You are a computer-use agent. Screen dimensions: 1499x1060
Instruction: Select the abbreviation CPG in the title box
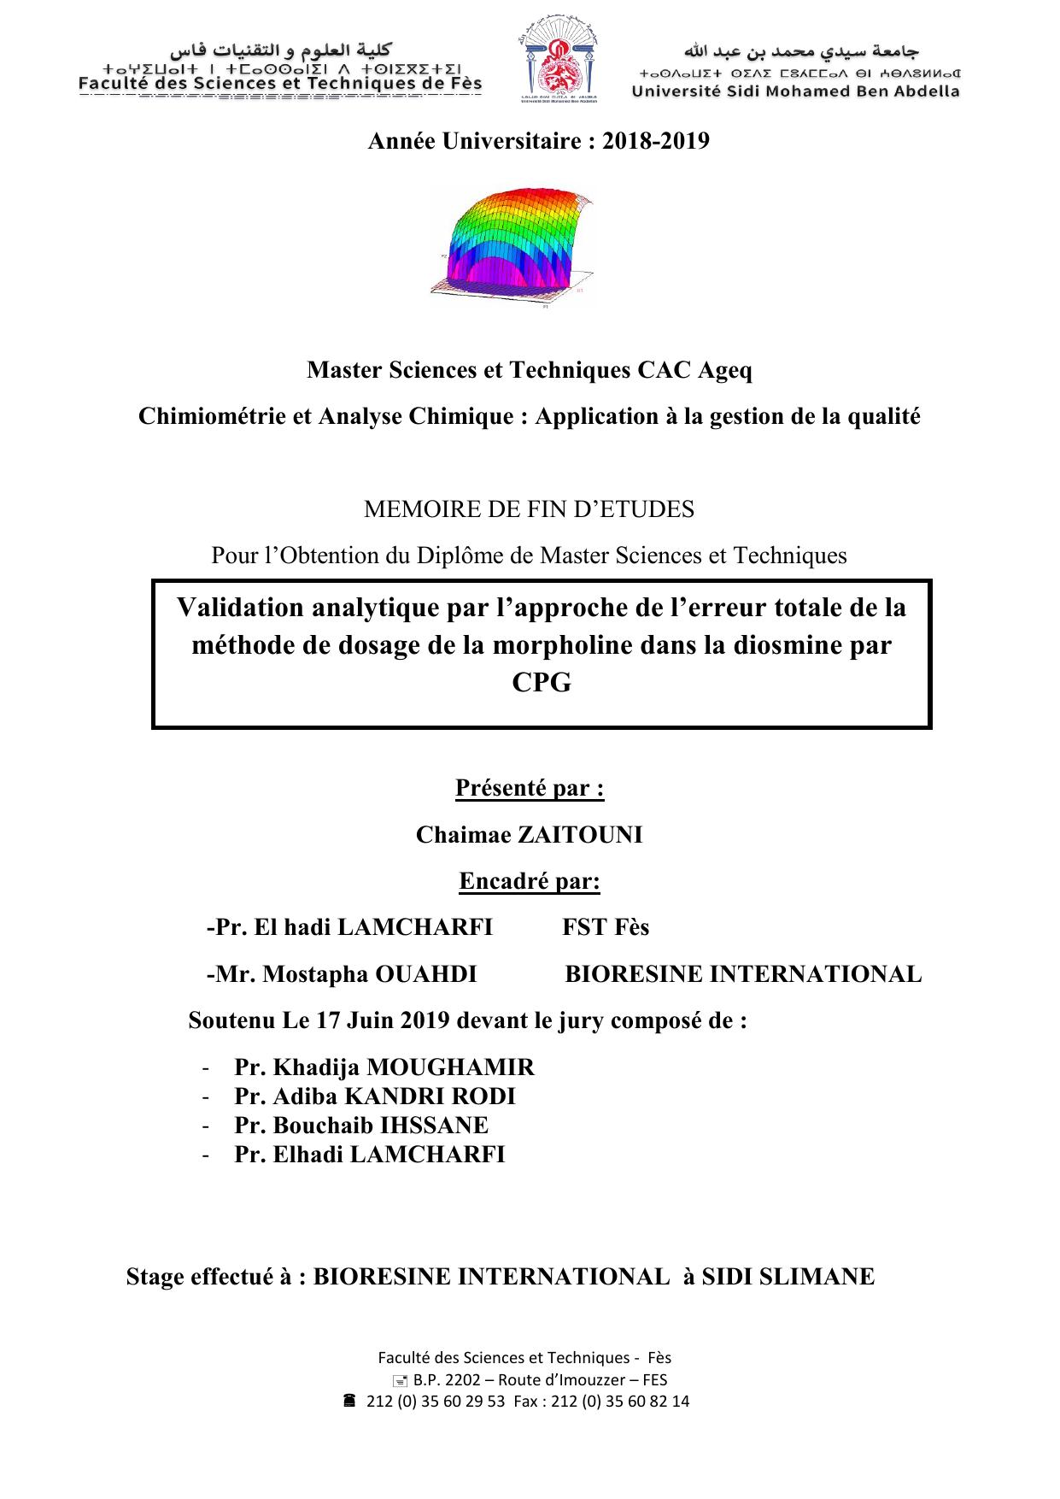(x=541, y=683)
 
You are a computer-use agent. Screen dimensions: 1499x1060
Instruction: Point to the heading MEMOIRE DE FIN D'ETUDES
(x=529, y=509)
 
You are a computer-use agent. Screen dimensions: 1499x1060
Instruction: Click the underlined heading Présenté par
(x=530, y=788)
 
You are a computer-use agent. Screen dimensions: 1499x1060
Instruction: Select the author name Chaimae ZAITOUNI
(x=529, y=835)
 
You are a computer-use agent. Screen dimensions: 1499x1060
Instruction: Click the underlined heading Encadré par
(x=530, y=881)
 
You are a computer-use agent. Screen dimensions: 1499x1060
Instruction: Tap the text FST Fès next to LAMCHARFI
(x=606, y=927)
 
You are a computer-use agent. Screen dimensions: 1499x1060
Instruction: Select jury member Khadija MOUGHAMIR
(x=384, y=1067)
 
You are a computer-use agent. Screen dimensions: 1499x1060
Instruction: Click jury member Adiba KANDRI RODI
(x=375, y=1096)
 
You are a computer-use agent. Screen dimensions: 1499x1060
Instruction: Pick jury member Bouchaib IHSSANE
(x=361, y=1126)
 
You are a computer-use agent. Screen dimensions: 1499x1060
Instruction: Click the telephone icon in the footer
(x=349, y=1401)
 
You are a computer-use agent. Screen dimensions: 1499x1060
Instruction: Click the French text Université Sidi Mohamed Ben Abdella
(x=795, y=91)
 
